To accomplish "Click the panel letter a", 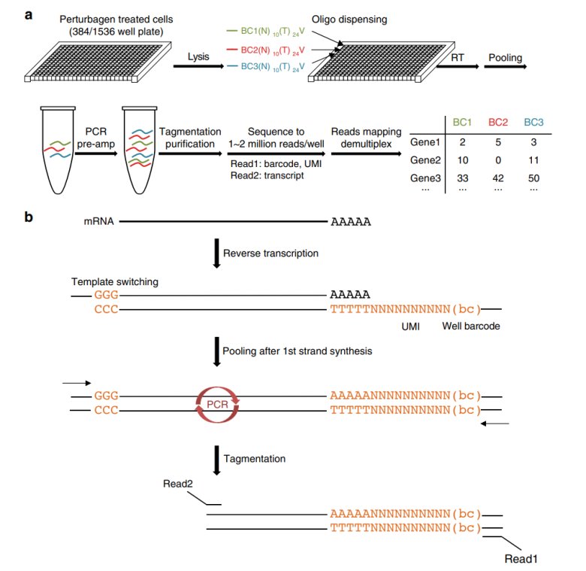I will point(27,14).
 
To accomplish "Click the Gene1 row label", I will point(425,141).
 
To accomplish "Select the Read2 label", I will point(178,484).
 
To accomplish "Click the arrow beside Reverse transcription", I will point(216,254).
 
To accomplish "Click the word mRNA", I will point(98,223).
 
